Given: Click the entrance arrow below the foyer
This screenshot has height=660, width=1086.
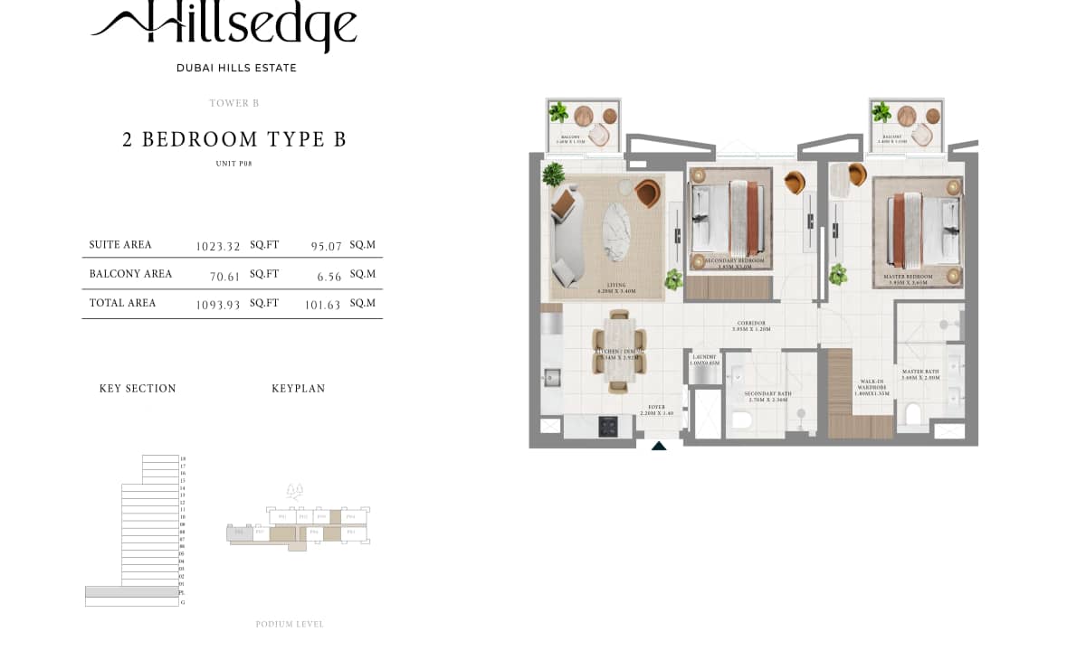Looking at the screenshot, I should (659, 445).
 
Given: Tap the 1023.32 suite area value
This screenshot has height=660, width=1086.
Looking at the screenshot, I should (218, 246).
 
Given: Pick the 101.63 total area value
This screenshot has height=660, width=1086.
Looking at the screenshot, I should (322, 306).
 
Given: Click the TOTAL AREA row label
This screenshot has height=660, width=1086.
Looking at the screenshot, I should (122, 303).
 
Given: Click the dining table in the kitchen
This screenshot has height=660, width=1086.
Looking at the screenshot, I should (618, 352).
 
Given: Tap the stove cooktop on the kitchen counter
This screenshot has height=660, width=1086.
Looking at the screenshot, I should (607, 425).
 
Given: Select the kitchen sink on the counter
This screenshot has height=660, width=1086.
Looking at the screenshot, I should (550, 375).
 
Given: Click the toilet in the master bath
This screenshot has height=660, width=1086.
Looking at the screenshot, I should (913, 415).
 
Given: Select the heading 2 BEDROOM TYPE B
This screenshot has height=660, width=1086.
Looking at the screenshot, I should (234, 139).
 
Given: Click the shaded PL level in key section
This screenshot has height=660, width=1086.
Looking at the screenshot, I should (132, 592).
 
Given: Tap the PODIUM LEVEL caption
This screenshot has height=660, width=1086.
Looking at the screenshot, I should (290, 624).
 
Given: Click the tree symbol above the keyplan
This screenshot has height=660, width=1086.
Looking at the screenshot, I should (294, 491).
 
